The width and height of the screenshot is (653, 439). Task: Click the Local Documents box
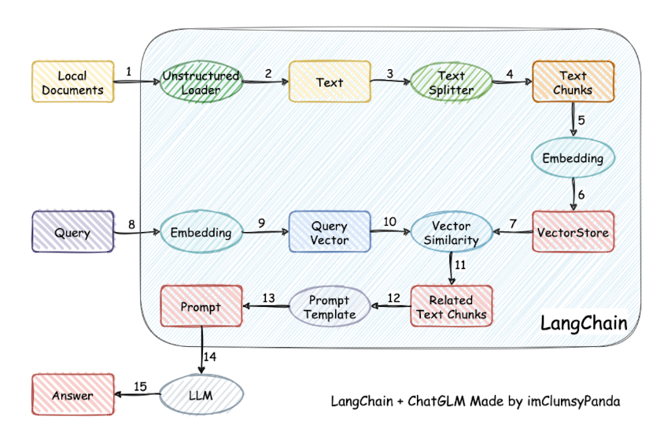coord(72,83)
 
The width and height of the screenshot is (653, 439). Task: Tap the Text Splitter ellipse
coord(451,83)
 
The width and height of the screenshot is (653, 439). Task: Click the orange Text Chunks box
coord(573,83)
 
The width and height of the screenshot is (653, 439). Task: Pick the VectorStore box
coord(573,233)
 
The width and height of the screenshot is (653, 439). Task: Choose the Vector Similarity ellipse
coord(451,233)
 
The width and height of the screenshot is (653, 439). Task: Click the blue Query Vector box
coord(329,233)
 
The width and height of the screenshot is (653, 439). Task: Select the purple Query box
coord(72,233)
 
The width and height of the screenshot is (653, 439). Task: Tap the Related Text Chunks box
coord(451,307)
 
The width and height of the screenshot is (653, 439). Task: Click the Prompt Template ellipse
coord(329,307)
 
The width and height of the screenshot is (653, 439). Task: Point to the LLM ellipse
coord(202,395)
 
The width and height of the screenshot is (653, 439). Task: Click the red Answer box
coord(72,395)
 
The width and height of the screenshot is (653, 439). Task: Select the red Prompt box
coord(201,307)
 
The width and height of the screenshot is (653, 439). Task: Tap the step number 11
coord(460,264)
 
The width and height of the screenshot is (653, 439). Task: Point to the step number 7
coord(513,223)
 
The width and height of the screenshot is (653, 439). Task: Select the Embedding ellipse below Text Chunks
coord(573,158)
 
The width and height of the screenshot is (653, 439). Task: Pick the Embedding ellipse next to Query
coord(201,233)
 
